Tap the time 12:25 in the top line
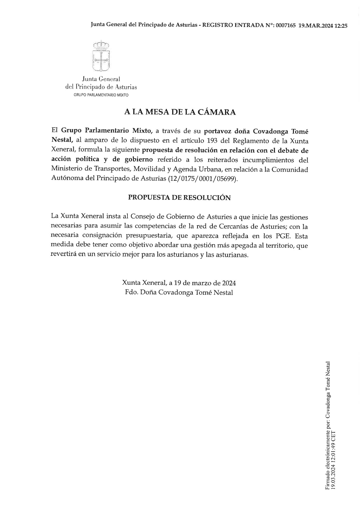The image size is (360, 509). pyautogui.click(x=341, y=26)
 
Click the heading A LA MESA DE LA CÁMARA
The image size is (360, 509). pyautogui.click(x=180, y=112)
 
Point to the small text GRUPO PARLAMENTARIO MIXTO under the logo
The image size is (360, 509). pyautogui.click(x=101, y=95)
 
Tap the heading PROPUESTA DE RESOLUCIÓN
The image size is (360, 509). pyautogui.click(x=179, y=198)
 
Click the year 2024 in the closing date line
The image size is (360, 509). pyautogui.click(x=228, y=283)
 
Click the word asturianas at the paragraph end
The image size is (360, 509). pyautogui.click(x=233, y=255)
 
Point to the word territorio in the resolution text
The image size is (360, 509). pyautogui.click(x=280, y=245)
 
